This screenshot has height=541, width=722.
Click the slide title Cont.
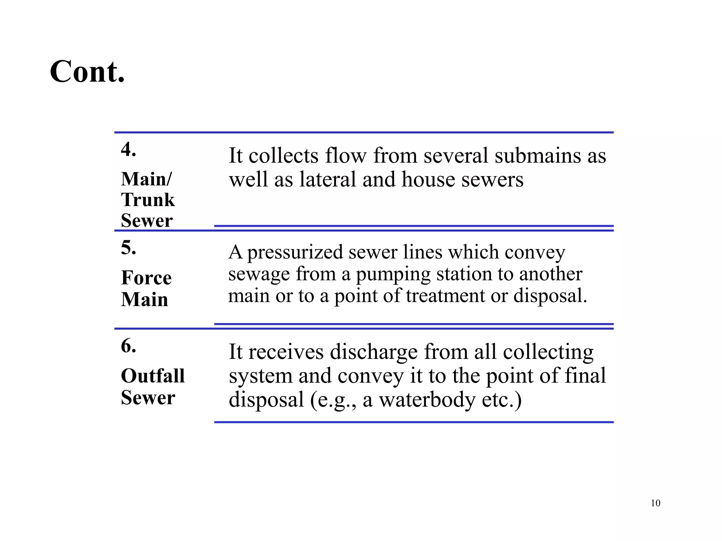tap(87, 71)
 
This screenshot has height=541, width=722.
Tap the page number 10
tap(655, 503)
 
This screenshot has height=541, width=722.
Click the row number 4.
tap(128, 149)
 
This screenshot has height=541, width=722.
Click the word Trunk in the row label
tap(148, 200)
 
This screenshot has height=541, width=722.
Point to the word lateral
tap(328, 179)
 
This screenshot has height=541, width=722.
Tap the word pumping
tap(393, 274)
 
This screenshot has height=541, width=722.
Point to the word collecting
tap(548, 352)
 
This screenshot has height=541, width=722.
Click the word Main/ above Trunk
tap(146, 179)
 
